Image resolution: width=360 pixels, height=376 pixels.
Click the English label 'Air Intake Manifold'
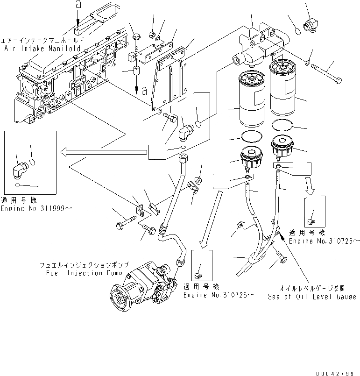[x=42, y=48]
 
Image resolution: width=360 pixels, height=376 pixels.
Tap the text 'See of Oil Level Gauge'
[x=311, y=297]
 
